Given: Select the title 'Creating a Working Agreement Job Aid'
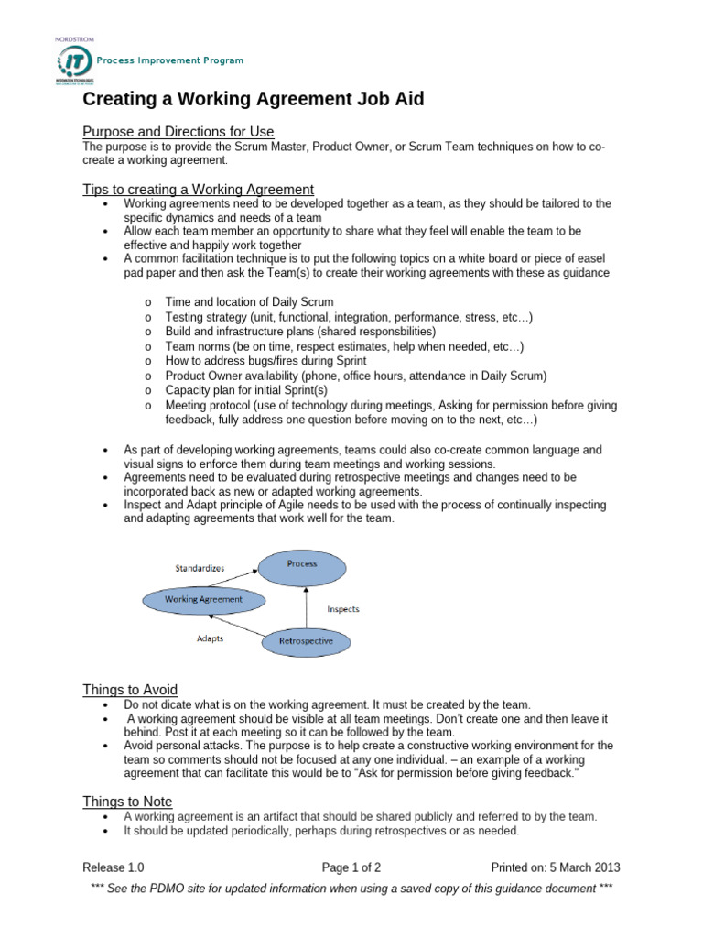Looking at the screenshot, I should (x=253, y=99).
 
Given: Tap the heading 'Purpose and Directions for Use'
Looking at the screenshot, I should (x=178, y=131).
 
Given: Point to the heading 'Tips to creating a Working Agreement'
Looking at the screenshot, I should (x=198, y=189).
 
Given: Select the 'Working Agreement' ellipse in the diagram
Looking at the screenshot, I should (x=203, y=600).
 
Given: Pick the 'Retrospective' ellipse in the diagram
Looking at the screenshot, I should (x=305, y=640).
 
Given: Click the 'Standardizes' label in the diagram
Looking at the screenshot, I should (x=200, y=568).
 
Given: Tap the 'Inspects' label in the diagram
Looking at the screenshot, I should (x=343, y=608).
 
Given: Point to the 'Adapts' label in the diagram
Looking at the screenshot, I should (x=210, y=638).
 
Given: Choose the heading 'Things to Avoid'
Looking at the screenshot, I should (x=130, y=689).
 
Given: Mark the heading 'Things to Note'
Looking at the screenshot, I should (x=126, y=802).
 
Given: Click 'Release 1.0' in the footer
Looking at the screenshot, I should (x=113, y=867).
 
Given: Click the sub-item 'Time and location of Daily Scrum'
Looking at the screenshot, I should (x=249, y=301).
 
